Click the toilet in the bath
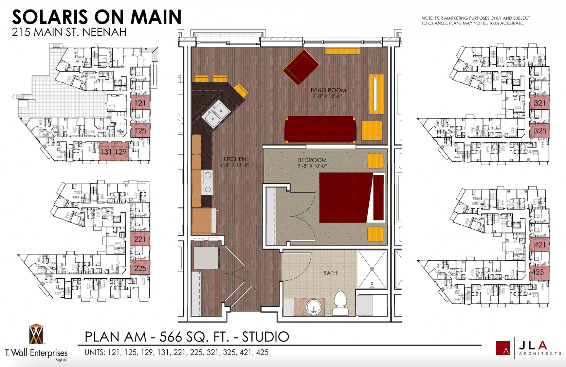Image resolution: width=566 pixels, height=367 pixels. pos(340,303)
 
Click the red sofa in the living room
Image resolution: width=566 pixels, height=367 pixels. pos(320,129)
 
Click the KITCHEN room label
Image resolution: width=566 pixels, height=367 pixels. pos(235,159)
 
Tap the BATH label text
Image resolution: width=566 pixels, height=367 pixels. pos(330,273)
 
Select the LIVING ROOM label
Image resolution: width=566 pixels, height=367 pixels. pos(327,90)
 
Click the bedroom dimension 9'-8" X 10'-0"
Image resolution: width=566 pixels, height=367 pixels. pos(312,166)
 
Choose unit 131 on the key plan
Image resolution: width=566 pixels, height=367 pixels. pos(106,152)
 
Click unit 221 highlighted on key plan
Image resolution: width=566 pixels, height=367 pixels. pos(140,239)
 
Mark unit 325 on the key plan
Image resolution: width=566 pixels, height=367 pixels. pos(540,130)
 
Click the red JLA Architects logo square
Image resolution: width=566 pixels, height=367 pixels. pos(503,348)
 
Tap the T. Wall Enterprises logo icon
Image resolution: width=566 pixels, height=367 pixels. pos(36,334)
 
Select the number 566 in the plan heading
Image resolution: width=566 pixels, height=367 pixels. pos(171,337)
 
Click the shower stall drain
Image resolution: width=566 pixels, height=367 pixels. pos(372,269)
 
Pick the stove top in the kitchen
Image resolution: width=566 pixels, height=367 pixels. pos(207,182)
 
